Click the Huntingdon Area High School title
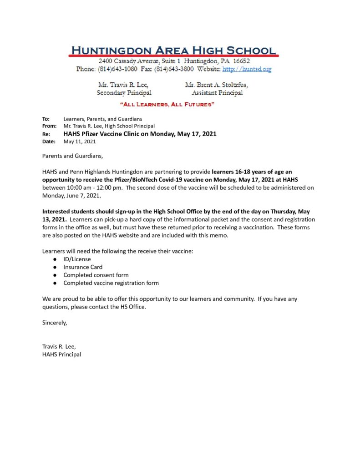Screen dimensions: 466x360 (173, 50)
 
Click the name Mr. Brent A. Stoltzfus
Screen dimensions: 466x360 (217, 85)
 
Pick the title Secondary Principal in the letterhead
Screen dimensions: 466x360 (124, 93)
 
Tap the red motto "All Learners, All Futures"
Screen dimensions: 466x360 (167, 105)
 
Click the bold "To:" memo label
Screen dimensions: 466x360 (46, 119)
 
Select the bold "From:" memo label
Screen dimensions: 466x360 (49, 126)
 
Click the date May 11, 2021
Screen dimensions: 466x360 (80, 142)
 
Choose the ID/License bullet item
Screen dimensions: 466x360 (77, 259)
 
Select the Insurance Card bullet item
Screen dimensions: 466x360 (83, 267)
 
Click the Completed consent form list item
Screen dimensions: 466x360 (96, 275)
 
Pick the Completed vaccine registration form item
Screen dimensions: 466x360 (111, 283)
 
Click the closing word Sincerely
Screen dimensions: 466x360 (55, 323)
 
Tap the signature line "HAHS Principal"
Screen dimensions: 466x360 (62, 355)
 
